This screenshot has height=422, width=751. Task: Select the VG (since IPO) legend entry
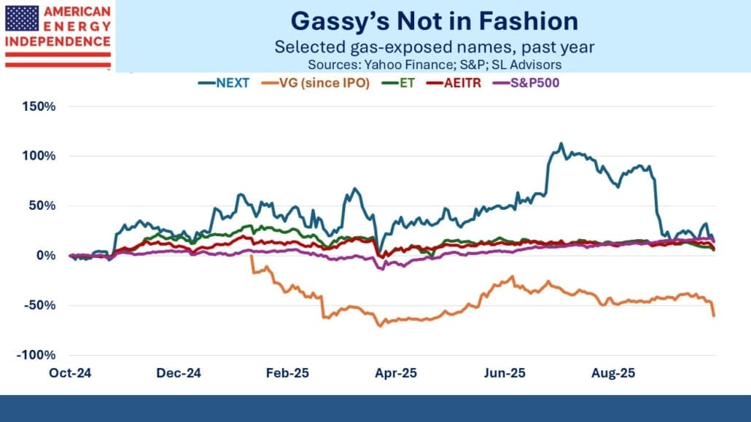click(327, 82)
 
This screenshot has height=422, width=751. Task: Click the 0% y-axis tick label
click(46, 256)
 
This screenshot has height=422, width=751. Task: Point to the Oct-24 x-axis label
click(70, 372)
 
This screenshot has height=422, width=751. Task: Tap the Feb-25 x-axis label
click(287, 372)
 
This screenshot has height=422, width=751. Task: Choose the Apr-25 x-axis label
click(395, 372)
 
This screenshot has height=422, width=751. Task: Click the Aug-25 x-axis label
click(612, 372)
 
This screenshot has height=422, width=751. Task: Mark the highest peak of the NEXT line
click(560, 144)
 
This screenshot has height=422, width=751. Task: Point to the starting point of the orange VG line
click(251, 256)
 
